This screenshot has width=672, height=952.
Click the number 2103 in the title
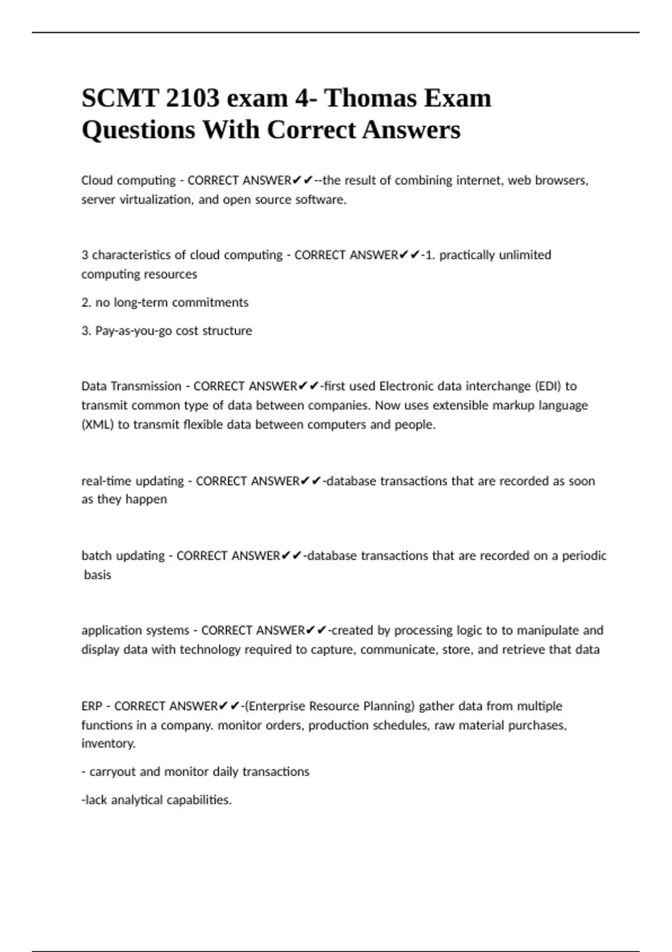[x=192, y=99]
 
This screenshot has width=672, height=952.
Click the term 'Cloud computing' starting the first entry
[x=128, y=180]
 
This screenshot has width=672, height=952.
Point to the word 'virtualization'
[x=155, y=199]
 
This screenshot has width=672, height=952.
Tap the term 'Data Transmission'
[x=132, y=386]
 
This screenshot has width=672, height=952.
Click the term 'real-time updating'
[x=133, y=481]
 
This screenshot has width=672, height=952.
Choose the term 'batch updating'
[x=123, y=556]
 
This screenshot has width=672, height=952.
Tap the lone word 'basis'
[x=97, y=575]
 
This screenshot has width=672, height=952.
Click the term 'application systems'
[x=136, y=630]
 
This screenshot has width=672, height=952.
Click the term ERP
[x=91, y=706]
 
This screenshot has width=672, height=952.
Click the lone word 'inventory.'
[x=109, y=743]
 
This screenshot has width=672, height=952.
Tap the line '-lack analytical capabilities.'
[x=156, y=800]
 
